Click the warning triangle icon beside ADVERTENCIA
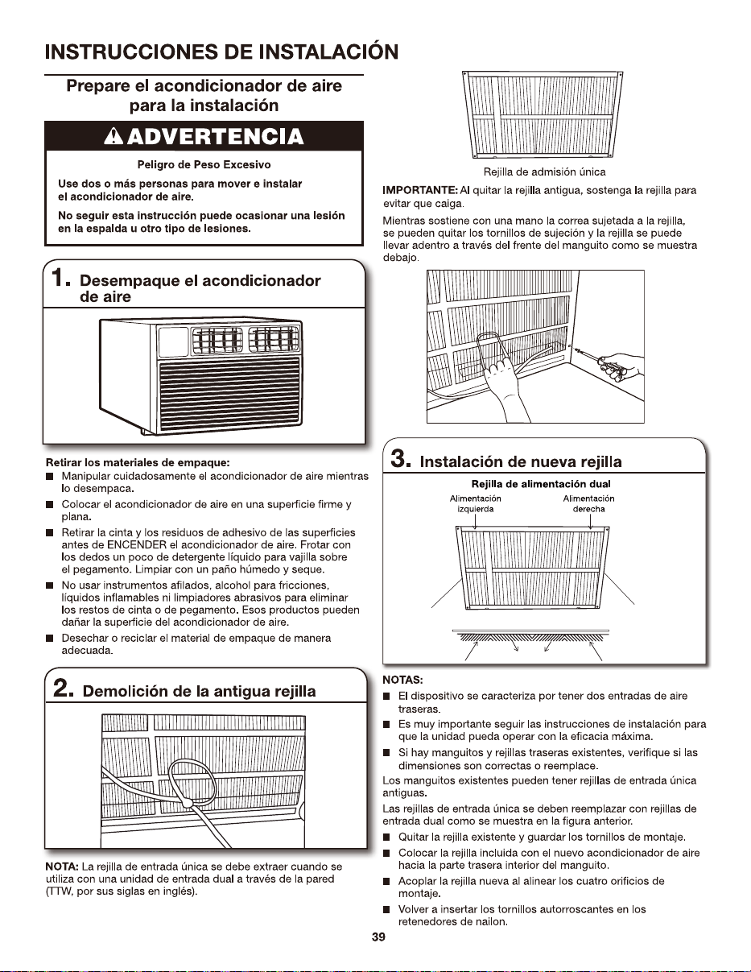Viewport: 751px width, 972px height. point(113,136)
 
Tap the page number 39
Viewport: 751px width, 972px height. point(378,937)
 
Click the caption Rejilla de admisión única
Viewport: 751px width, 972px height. point(544,172)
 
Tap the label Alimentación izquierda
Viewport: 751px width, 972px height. point(475,503)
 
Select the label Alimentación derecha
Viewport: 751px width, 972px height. point(588,503)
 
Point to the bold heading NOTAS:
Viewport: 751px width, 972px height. point(402,680)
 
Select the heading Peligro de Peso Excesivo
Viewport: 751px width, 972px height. point(204,164)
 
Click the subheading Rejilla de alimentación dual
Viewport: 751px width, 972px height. point(541,484)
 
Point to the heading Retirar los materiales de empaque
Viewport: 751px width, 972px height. point(138,462)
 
